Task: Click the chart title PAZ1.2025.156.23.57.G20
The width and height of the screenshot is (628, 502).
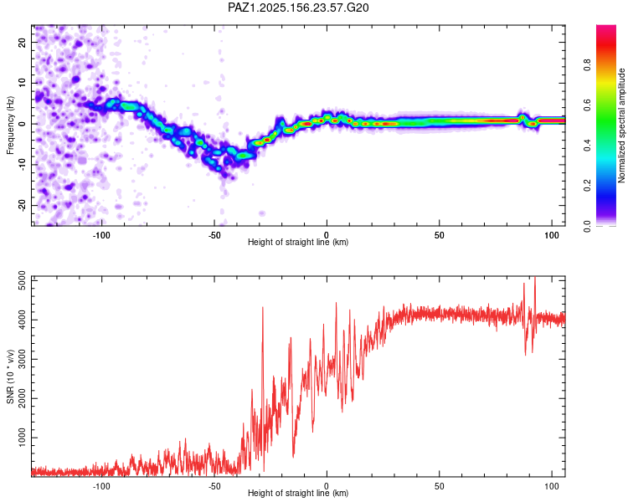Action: coord(298,8)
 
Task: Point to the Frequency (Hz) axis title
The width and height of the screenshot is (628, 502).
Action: coord(10,125)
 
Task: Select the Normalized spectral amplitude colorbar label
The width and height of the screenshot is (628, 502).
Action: coord(621,125)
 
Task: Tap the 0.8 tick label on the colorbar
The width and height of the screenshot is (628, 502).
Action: coord(587,64)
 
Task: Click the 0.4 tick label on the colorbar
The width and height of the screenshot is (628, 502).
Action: coord(587,146)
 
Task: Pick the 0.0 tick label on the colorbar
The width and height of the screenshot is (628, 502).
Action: coord(587,226)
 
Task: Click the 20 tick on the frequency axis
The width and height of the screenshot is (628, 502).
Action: coord(22,42)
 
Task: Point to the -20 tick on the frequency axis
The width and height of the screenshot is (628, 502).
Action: coord(22,205)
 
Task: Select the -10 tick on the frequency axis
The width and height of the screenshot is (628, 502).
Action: coord(22,165)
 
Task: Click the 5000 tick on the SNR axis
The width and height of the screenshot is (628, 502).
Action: coord(22,281)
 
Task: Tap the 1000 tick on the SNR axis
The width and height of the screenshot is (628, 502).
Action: coord(22,438)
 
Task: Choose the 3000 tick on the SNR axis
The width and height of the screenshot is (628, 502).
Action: coord(22,360)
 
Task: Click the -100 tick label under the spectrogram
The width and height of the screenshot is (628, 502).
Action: coord(101,235)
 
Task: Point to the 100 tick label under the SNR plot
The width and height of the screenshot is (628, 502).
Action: coord(552,486)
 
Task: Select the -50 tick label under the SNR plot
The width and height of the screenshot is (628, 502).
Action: coord(214,486)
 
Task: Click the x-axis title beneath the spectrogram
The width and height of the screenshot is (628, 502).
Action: coord(298,242)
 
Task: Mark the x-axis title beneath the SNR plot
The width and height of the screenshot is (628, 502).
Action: coord(298,493)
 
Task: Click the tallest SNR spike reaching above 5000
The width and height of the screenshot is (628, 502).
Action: coord(535,278)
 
